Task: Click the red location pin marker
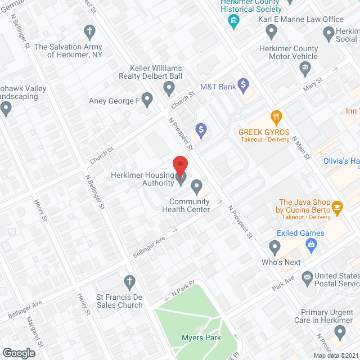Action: [x=179, y=164]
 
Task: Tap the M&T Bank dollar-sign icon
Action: [x=243, y=85]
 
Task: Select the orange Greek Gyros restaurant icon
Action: [x=276, y=118]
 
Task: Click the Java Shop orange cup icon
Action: [x=337, y=206]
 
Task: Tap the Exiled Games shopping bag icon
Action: [x=310, y=244]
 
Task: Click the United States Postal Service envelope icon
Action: [x=308, y=277]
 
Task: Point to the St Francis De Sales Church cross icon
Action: [x=129, y=281]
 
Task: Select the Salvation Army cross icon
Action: [x=89, y=30]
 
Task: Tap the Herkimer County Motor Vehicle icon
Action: [x=305, y=69]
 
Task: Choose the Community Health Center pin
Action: [x=196, y=185]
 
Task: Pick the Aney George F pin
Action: [x=147, y=101]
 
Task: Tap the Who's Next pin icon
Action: [x=274, y=246]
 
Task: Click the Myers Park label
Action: [x=201, y=337]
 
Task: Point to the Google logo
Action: [x=19, y=353]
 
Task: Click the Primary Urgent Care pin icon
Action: [x=340, y=332]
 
